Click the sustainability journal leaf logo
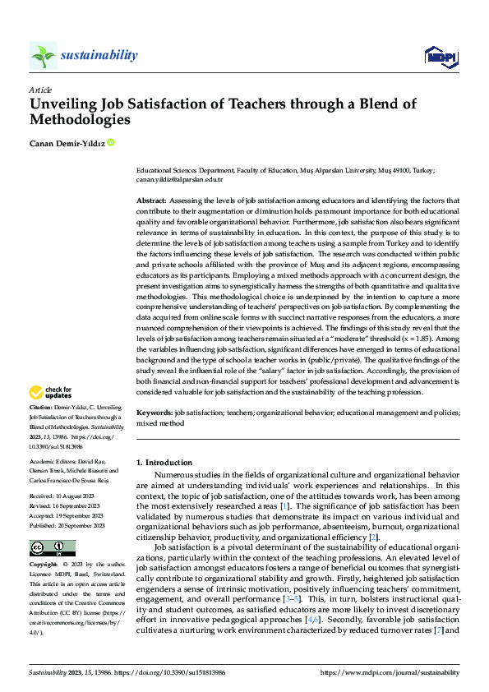point(43,56)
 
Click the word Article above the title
point(40,90)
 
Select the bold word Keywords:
point(154,413)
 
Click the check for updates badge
point(52,392)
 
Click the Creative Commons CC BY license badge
point(52,547)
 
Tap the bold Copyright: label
point(44,566)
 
